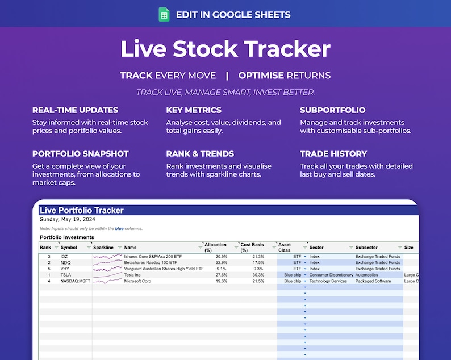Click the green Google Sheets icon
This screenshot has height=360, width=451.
click(164, 15)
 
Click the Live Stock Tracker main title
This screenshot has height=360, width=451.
click(225, 49)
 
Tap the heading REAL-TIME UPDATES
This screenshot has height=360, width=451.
click(75, 110)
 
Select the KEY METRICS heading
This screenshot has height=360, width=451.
click(194, 110)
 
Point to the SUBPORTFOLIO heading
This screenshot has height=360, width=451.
click(333, 110)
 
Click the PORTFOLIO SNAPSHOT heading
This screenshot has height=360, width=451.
click(80, 154)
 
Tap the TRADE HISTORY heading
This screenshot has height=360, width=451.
click(333, 154)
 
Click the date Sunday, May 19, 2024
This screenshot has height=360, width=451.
click(68, 219)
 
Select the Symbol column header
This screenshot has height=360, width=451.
click(69, 248)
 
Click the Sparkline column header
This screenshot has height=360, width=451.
click(103, 248)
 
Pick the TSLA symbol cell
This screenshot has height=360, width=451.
click(66, 275)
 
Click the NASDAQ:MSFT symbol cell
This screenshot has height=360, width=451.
click(75, 281)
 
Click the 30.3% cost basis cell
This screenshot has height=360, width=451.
click(256, 275)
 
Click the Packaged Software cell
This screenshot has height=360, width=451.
click(375, 281)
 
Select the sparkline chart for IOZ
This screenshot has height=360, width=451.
click(107, 257)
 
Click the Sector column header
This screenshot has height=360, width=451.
click(316, 248)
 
